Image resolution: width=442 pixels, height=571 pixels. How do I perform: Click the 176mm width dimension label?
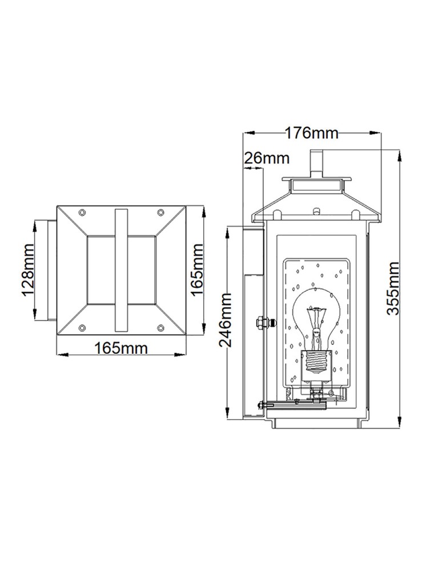[311, 133]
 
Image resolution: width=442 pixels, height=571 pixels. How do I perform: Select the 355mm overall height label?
[393, 288]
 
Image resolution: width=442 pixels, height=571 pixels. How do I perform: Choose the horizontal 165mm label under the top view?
[120, 347]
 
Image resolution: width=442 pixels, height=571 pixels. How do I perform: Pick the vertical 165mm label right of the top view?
[197, 270]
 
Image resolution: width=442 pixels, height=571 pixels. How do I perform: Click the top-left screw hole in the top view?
[82, 212]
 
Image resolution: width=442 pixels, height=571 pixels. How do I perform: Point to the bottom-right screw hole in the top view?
[160, 327]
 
